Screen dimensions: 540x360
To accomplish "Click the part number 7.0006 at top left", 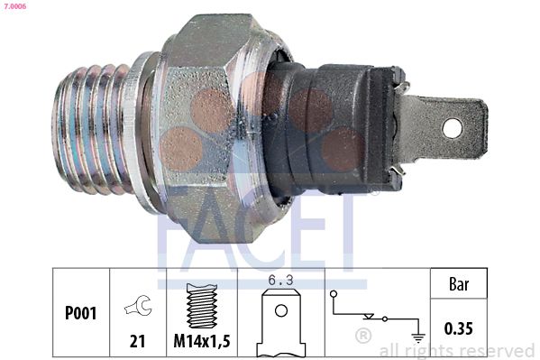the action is [x=14, y=5].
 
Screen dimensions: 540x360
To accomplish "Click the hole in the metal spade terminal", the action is [x=452, y=128].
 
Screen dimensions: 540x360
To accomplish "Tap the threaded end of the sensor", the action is [x=90, y=129].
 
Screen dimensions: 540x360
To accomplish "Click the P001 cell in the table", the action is [x=81, y=313].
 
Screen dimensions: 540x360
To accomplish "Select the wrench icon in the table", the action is [x=139, y=306].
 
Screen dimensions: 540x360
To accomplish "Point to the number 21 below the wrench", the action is [x=137, y=341].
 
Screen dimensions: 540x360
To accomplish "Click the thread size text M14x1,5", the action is [x=202, y=341].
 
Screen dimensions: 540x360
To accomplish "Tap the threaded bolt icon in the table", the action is [x=202, y=306].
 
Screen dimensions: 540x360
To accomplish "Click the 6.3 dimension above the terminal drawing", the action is [x=281, y=281].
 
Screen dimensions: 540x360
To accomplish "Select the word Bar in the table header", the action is [x=459, y=284].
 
